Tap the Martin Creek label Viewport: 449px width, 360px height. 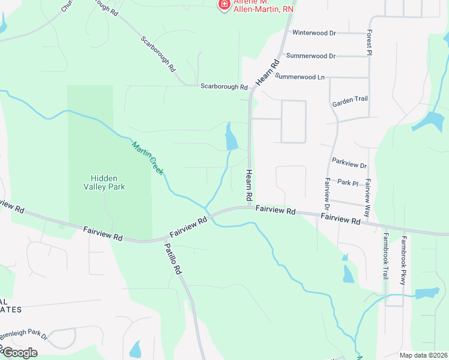click(x=148, y=157)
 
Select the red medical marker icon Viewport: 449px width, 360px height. click(x=224, y=4)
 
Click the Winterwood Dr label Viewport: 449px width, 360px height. click(x=314, y=33)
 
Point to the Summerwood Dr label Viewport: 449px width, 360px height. click(x=311, y=56)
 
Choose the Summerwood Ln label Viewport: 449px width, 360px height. click(x=300, y=77)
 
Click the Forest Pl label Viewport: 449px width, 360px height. click(x=370, y=44)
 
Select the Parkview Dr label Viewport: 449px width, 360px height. click(x=349, y=163)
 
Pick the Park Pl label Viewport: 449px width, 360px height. click(x=348, y=182)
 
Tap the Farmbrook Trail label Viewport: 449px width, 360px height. click(x=385, y=256)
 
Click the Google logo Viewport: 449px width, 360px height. click(x=19, y=352)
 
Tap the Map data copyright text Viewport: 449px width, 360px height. click(x=423, y=355)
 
